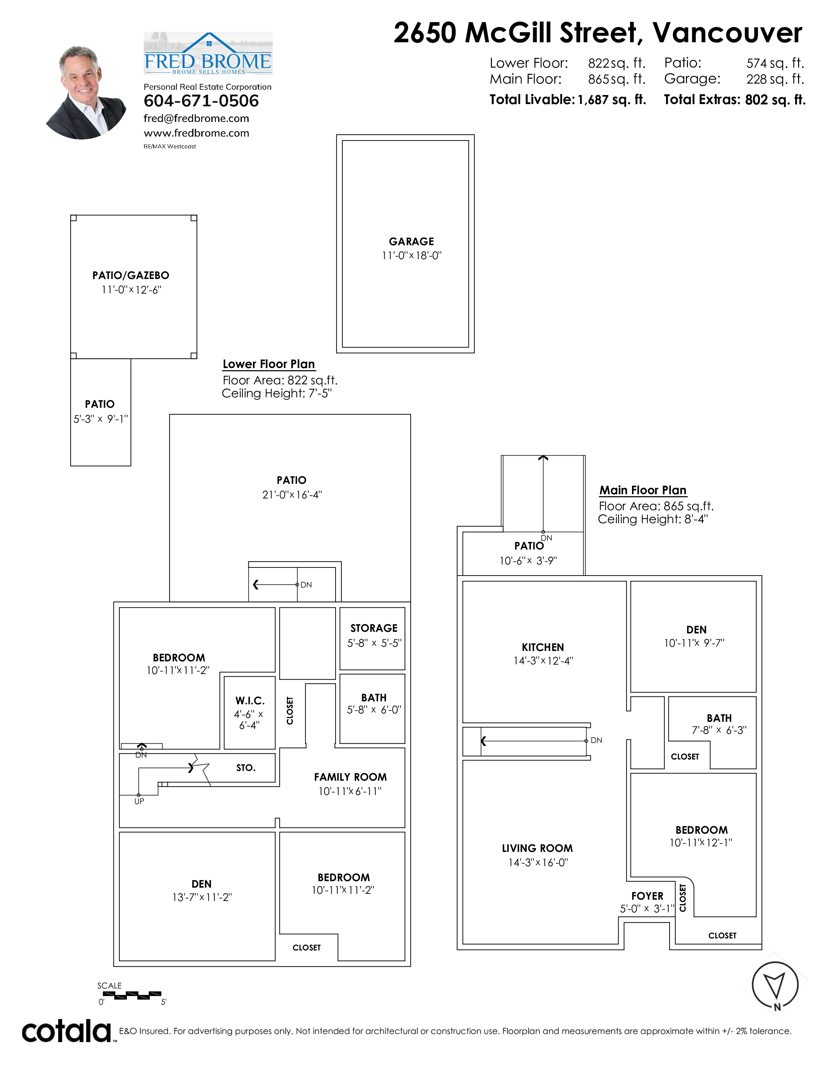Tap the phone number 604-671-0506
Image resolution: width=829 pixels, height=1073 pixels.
[201, 101]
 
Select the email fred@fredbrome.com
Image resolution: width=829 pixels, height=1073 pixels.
[196, 118]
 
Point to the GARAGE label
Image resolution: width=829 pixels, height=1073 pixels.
[412, 242]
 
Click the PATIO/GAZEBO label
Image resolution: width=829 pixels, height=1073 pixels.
[131, 276]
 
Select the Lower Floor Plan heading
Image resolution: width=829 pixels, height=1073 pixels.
[269, 364]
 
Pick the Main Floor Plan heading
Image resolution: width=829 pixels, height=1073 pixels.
[643, 490]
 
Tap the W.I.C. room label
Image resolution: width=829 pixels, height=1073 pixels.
[250, 701]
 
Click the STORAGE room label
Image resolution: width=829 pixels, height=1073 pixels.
[374, 629]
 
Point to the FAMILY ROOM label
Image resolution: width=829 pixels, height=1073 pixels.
[350, 777]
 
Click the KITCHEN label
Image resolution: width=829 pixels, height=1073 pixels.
[543, 647]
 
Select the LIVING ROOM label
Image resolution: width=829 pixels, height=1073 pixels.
[537, 848]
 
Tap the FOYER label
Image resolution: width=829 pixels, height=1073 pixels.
[647, 896]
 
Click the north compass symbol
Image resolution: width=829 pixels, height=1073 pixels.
[775, 986]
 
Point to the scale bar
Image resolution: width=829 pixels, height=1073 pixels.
[130, 995]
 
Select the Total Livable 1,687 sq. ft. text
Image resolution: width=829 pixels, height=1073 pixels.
[568, 100]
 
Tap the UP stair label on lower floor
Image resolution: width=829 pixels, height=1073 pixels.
[139, 801]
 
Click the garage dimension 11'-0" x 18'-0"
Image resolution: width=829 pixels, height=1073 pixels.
[412, 256]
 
